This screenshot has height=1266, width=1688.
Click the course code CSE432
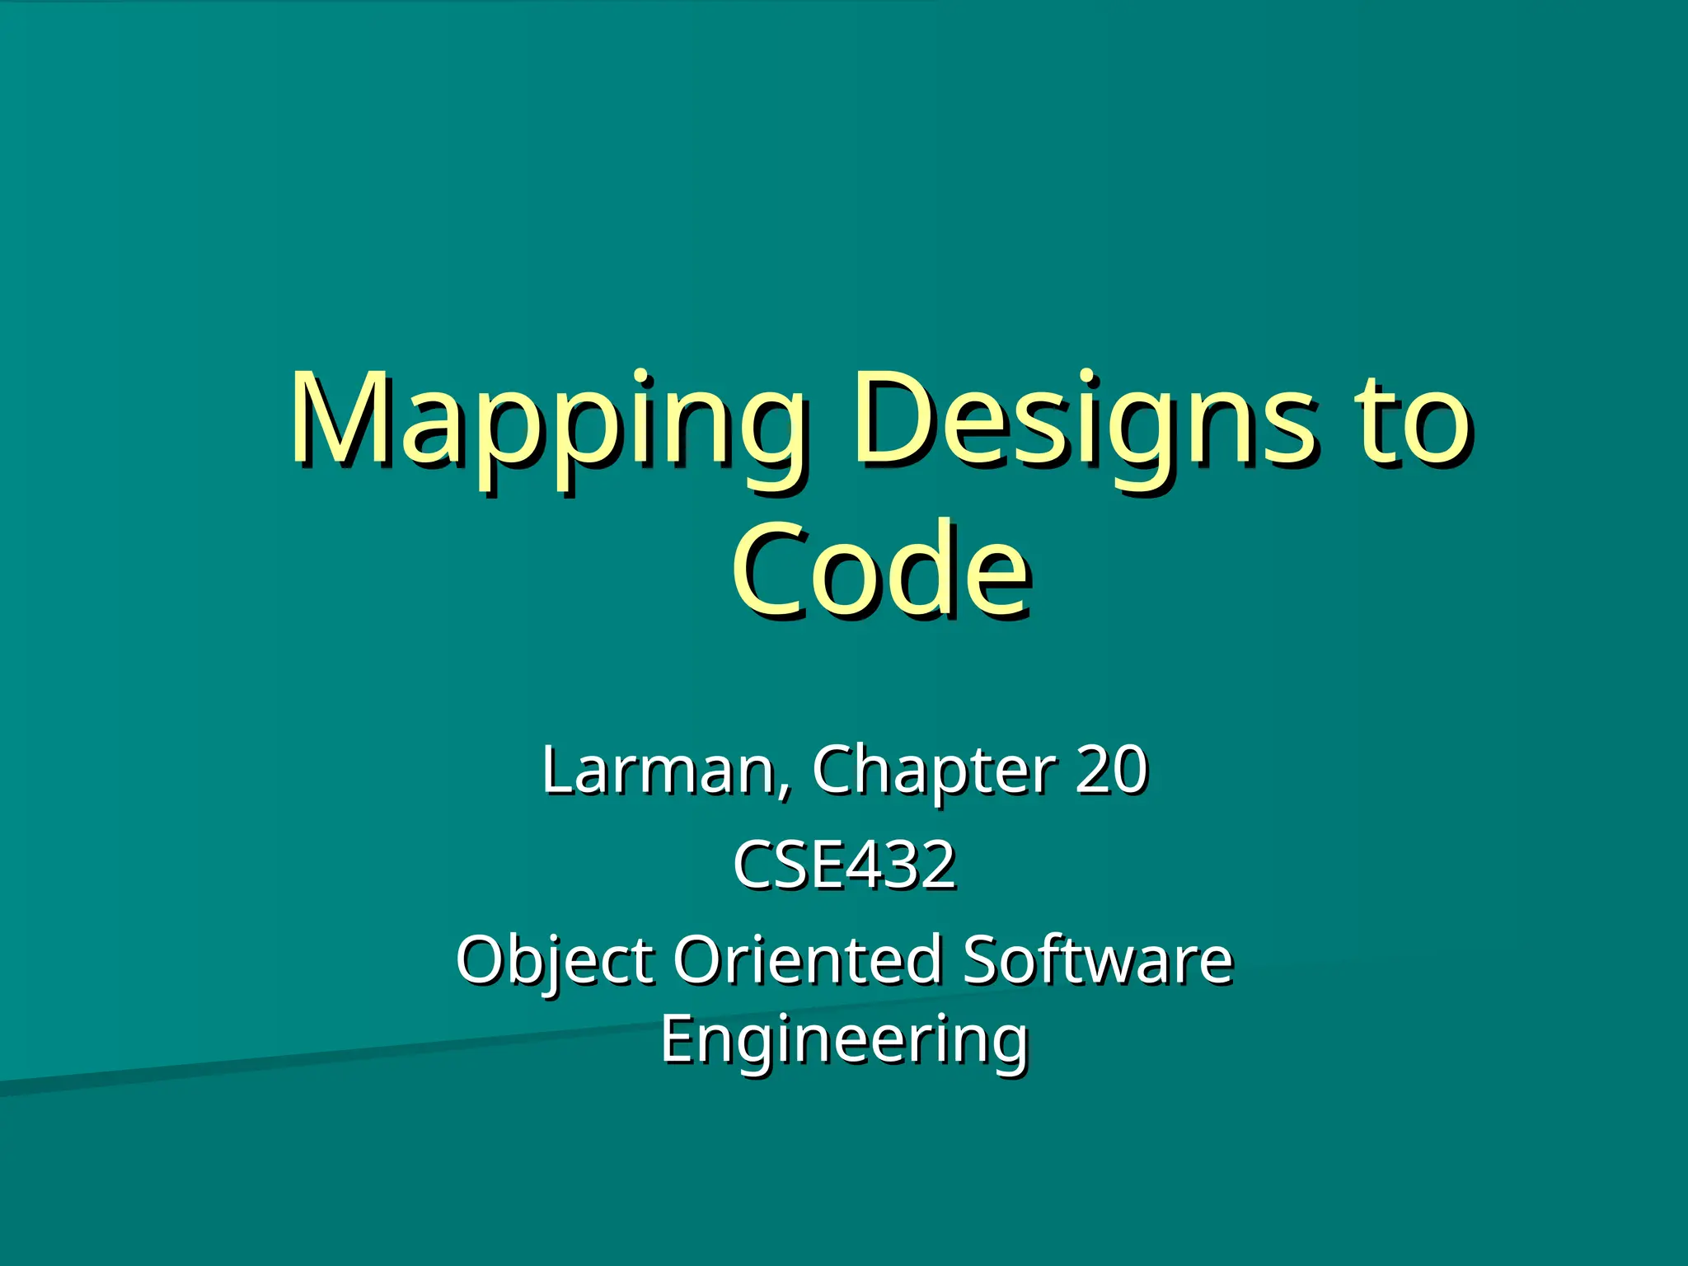(844, 865)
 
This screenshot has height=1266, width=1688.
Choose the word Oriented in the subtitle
(808, 959)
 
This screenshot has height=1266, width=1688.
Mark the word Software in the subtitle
(1097, 959)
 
